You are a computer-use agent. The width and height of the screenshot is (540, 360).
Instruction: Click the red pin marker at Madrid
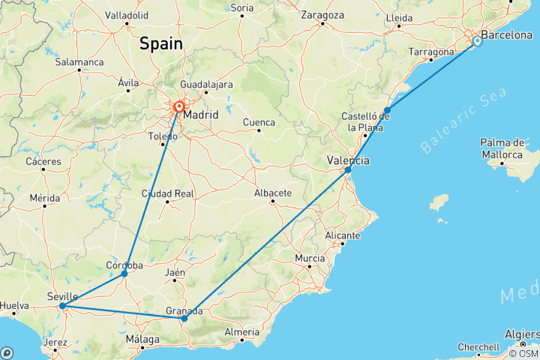tap(180, 107)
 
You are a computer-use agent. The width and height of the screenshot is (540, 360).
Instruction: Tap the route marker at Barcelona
tap(477, 42)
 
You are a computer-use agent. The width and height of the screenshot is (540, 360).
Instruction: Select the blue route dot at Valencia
tap(348, 170)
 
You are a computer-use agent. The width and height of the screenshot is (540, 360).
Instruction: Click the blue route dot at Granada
tap(184, 318)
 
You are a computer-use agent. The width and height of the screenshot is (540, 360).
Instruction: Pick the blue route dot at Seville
tap(62, 306)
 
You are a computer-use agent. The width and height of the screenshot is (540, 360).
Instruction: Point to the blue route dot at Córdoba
tap(124, 274)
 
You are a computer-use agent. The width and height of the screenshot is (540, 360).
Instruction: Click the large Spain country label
tap(160, 44)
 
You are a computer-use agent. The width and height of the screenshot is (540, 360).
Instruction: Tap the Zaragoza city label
tap(322, 14)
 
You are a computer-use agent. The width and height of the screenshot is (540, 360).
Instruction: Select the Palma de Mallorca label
tap(502, 148)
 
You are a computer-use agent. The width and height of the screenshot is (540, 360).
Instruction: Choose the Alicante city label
tap(344, 235)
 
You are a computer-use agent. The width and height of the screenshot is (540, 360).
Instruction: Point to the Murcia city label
tap(310, 259)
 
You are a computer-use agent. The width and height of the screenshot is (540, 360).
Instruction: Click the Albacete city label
tap(273, 193)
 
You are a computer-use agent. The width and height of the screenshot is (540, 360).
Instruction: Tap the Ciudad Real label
tap(167, 193)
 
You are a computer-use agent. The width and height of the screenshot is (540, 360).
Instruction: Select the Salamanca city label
tap(79, 61)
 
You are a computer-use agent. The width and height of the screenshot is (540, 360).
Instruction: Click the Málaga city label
tap(143, 340)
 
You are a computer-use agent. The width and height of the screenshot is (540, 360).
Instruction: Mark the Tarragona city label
tap(431, 52)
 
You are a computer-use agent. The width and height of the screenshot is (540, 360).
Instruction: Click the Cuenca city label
tap(259, 122)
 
